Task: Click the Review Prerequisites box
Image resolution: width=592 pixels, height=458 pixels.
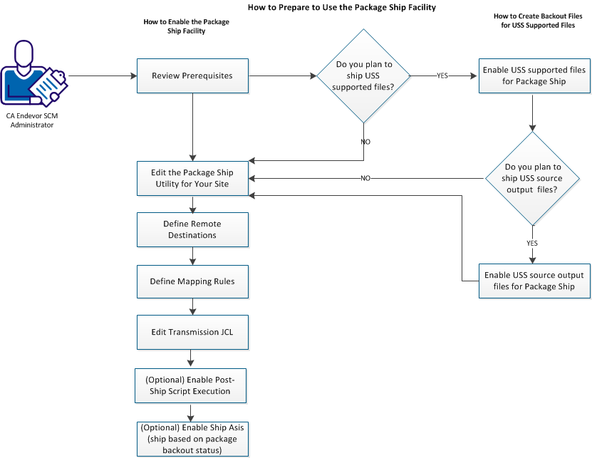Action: pos(192,76)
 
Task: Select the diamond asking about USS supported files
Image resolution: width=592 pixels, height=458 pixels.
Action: pos(363,76)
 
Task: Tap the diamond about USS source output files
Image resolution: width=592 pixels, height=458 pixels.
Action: pos(532,178)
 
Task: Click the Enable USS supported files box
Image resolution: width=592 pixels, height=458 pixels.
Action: pos(534,76)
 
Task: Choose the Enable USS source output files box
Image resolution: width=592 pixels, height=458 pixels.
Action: pos(534,281)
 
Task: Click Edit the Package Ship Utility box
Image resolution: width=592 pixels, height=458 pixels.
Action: pos(192,178)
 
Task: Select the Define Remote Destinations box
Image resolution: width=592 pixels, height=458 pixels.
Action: pos(192,229)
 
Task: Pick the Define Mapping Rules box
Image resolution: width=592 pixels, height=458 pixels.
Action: pos(192,281)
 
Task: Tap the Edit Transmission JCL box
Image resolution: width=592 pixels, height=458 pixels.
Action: pos(192,331)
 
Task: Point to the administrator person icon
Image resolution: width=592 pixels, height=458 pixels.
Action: pos(32,75)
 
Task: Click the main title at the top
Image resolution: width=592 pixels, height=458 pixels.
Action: pos(341,7)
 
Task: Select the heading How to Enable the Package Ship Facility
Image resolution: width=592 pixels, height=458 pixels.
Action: pos(186,26)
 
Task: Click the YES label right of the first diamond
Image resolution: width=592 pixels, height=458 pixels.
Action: pos(442,76)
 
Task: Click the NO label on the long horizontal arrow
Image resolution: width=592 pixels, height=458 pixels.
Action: pos(365,178)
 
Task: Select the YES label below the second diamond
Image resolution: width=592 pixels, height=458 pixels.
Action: pos(532,242)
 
